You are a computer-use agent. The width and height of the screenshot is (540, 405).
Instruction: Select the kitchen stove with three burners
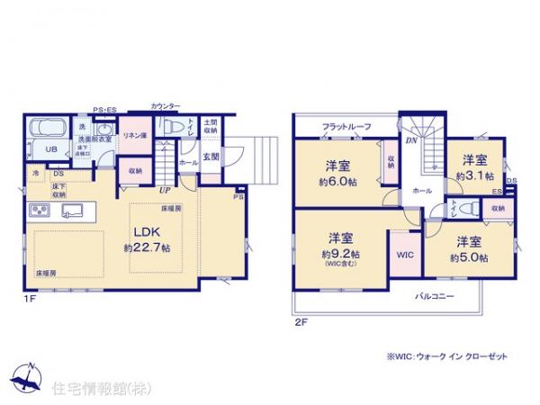(41, 212)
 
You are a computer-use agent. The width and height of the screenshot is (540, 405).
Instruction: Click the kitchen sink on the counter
(71, 212)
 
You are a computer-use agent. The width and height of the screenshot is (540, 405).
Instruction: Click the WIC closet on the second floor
(404, 255)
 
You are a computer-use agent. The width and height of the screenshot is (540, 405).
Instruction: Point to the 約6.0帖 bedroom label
(338, 178)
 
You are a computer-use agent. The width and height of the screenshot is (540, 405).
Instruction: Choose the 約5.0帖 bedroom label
(469, 257)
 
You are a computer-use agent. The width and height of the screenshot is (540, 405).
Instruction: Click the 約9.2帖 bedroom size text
(339, 253)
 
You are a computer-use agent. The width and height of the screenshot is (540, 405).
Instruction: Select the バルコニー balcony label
(434, 296)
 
